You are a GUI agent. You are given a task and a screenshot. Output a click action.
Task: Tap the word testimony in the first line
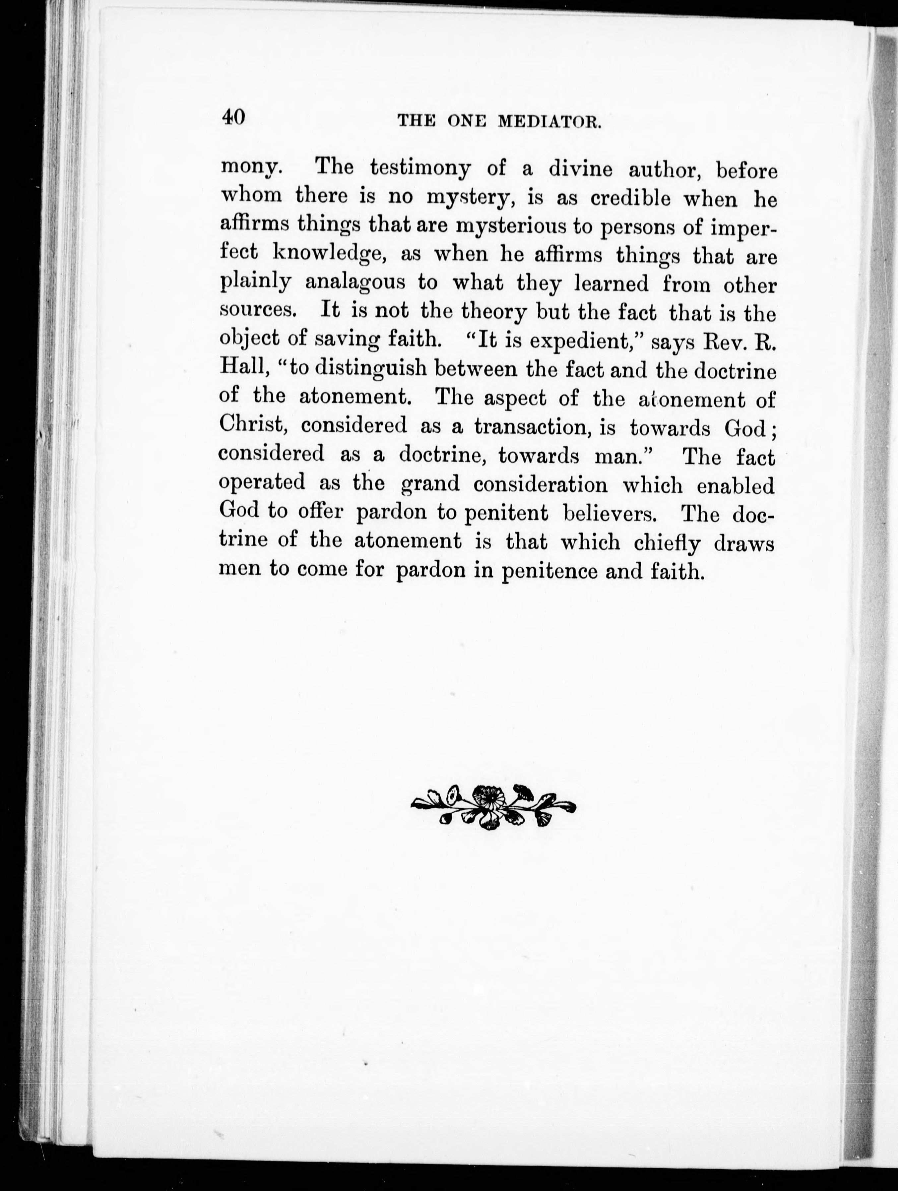[x=419, y=168]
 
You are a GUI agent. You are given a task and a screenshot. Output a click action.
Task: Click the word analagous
[x=355, y=283]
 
